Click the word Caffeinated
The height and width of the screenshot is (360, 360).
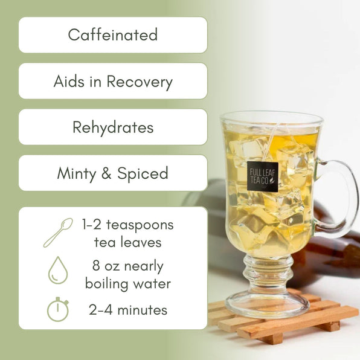click(112, 35)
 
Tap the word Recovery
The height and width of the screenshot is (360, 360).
click(140, 82)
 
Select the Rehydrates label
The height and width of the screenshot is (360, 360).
click(112, 127)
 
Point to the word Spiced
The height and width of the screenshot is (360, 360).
click(143, 174)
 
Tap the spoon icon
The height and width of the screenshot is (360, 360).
click(57, 233)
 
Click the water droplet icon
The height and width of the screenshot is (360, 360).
click(57, 271)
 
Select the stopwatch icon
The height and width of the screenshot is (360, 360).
click(57, 309)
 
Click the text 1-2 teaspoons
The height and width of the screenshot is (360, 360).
click(127, 225)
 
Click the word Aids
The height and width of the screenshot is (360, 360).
click(68, 82)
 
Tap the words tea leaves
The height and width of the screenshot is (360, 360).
click(127, 242)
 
